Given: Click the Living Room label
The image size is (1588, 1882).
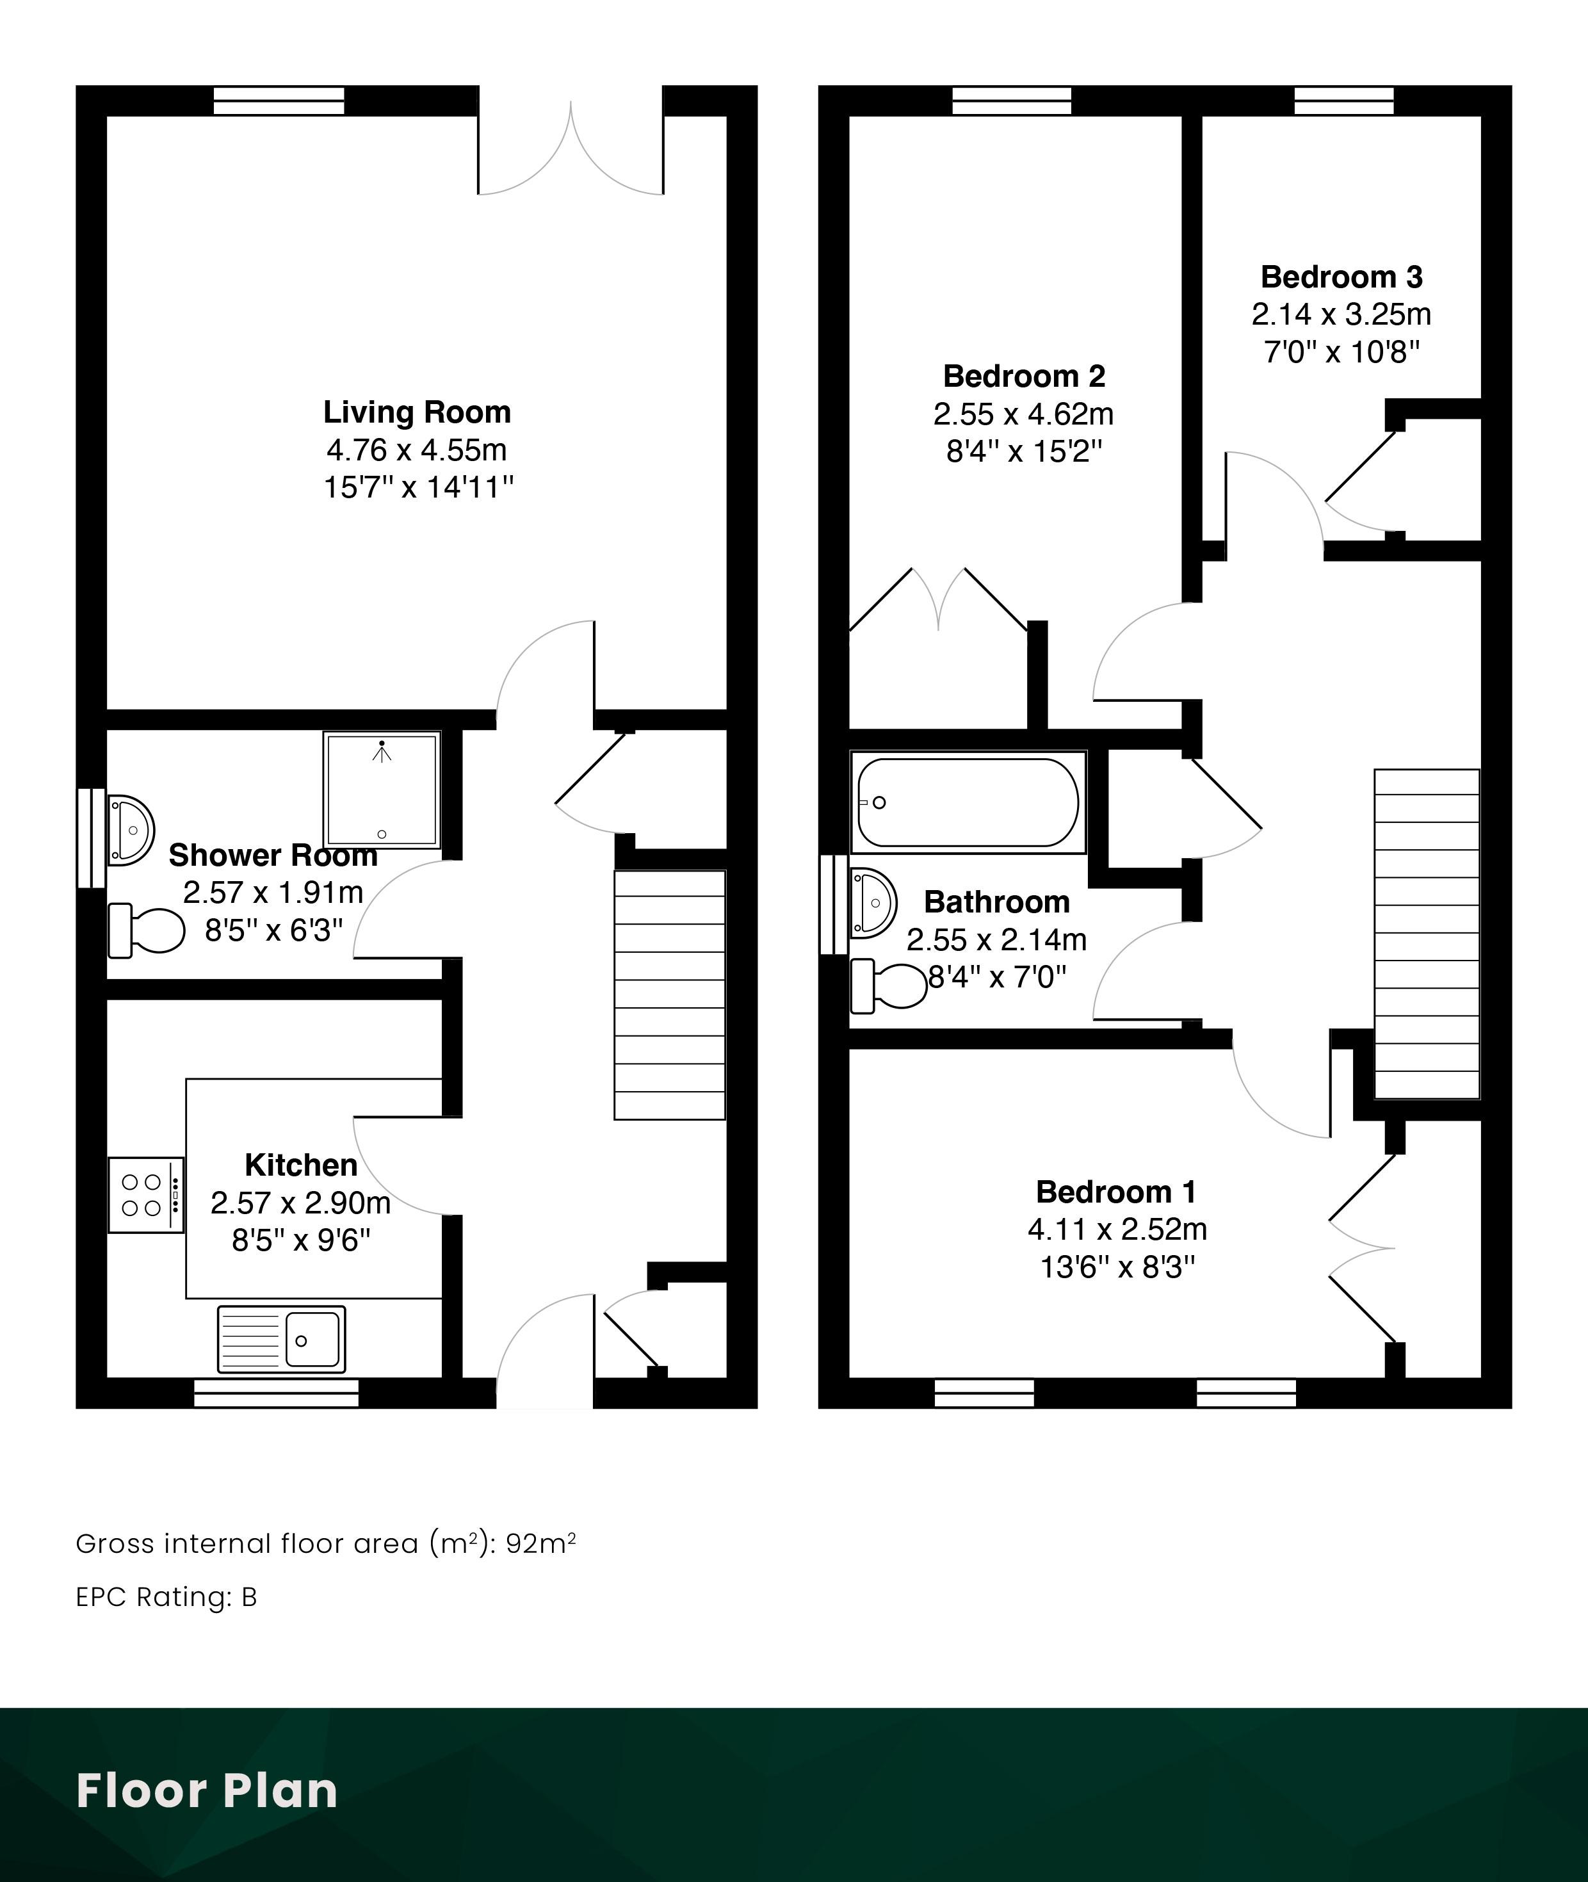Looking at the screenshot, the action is tap(417, 412).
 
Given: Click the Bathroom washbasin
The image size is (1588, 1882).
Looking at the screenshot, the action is tap(871, 903).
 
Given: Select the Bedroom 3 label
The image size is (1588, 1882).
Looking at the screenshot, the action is tap(1341, 277).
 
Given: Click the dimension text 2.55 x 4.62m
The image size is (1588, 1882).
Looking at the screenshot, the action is tap(1024, 414).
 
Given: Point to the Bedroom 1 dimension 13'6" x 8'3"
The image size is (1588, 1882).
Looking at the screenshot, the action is tap(1117, 1267).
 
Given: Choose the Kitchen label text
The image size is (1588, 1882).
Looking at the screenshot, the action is tap(301, 1165).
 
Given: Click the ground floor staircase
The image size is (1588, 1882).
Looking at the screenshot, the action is tap(670, 994).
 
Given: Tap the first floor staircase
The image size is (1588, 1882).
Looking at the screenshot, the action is tap(1427, 934).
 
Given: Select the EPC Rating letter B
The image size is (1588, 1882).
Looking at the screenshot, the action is tap(249, 1596).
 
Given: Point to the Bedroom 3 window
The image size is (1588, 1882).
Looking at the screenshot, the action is tap(1344, 101).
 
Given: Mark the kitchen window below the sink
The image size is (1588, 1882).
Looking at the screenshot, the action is tap(277, 1393).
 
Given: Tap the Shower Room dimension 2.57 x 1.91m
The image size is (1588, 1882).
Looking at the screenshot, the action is tap(273, 892).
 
